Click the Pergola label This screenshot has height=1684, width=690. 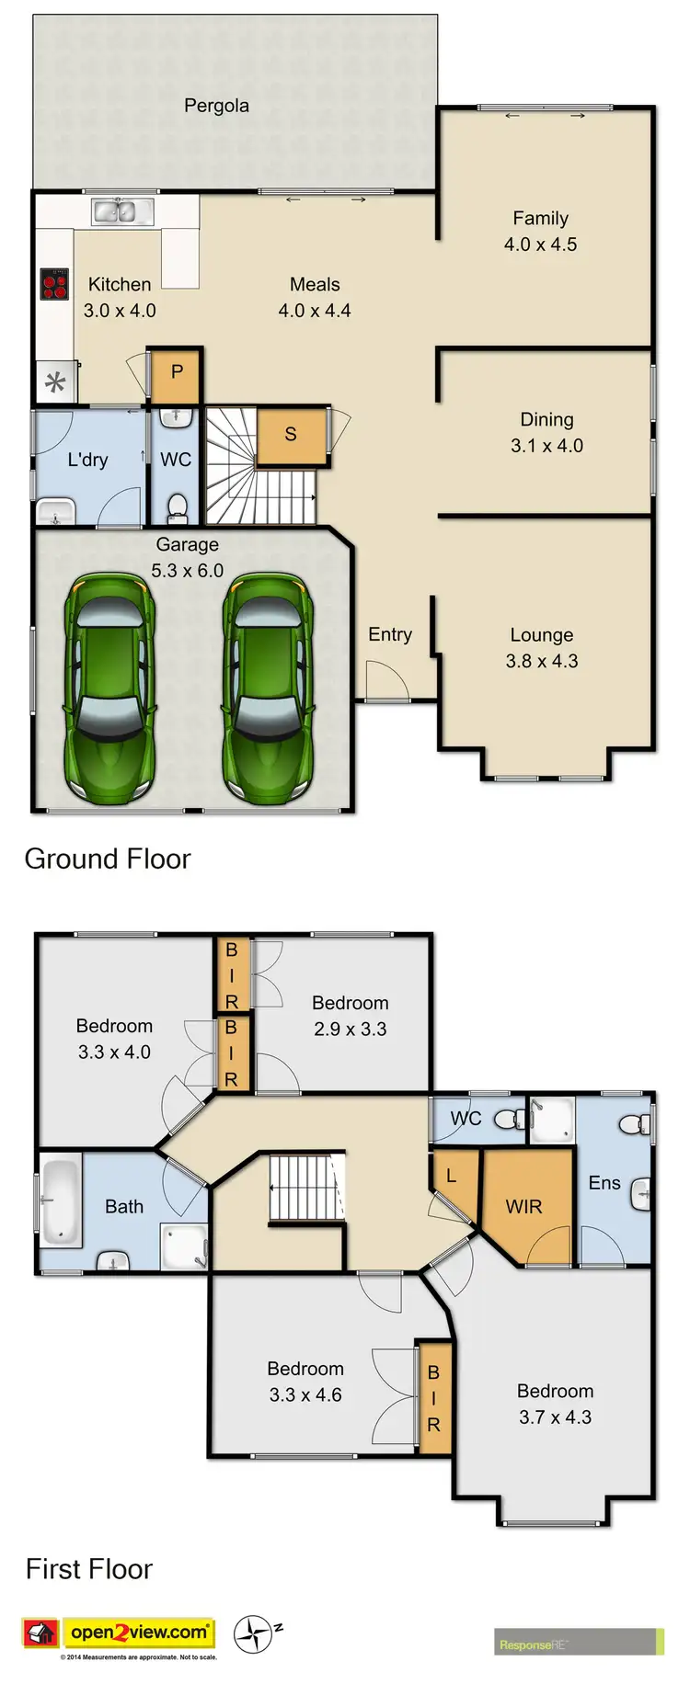216,106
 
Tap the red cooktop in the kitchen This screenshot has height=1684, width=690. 54,284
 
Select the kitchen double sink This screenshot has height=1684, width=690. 113,211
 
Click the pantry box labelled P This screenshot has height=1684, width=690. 176,373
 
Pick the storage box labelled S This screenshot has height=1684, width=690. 291,435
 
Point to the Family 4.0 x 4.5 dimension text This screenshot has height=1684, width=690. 540,245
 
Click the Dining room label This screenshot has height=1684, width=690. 546,420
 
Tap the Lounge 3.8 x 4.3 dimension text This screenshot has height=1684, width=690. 542,661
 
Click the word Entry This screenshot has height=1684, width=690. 390,634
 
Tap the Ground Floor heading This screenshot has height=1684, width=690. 108,859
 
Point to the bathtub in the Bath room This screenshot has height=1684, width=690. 61,1200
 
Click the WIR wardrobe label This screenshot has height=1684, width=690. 523,1207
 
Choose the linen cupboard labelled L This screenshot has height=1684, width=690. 451,1176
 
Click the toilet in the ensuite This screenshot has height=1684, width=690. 633,1123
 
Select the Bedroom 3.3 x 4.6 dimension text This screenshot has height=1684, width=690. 305,1394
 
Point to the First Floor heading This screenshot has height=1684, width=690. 89,1569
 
